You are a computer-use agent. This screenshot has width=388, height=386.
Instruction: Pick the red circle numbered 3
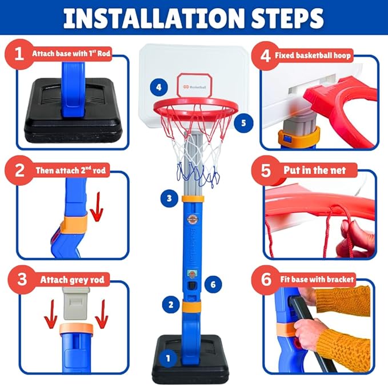click(x=21, y=280)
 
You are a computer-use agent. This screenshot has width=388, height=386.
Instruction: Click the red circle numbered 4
click(x=265, y=56)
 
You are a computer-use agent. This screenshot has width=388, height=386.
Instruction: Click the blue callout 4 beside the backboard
click(x=159, y=88)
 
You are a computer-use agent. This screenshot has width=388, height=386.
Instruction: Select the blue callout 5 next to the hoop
click(x=243, y=122)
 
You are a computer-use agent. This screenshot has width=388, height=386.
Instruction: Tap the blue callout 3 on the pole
click(x=168, y=198)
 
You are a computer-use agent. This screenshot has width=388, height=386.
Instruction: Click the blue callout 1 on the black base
click(x=168, y=359)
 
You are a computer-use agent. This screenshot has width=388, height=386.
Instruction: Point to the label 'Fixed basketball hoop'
click(x=313, y=56)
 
